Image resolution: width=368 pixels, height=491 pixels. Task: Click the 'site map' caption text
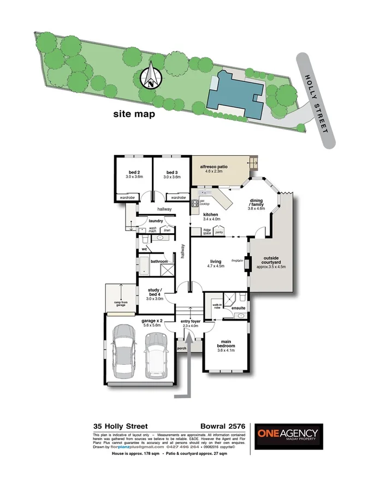point(134,114)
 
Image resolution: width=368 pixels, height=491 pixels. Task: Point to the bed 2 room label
point(133,174)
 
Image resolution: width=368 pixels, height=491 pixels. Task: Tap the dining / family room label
point(257,204)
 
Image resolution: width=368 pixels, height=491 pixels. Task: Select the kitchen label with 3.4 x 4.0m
point(211,217)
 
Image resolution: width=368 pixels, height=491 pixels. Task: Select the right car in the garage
point(155,353)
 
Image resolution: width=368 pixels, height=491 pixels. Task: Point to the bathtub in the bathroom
point(143,269)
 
